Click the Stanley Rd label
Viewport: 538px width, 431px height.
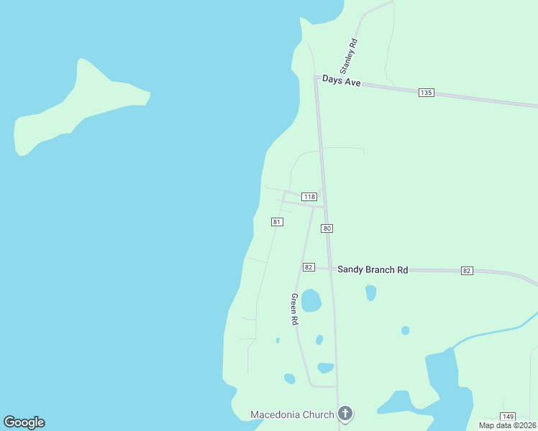[348, 56]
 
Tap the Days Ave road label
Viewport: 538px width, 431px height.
[341, 81]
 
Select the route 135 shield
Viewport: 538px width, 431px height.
[426, 93]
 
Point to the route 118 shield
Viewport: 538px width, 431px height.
[309, 197]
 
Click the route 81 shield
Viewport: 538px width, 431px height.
[277, 222]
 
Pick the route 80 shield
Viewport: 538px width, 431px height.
[327, 228]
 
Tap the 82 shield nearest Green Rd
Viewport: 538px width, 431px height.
[309, 267]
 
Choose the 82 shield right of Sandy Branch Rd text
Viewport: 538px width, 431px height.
[467, 271]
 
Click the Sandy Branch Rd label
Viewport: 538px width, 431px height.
[373, 269]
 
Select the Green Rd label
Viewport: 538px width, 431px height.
[294, 309]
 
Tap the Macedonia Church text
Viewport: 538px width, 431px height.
[292, 414]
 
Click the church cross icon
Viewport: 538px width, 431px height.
[346, 414]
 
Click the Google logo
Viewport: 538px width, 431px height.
[24, 422]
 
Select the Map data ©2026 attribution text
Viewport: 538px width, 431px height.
[506, 425]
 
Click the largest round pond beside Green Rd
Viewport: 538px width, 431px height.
[311, 300]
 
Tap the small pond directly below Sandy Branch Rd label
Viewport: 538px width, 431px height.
[370, 292]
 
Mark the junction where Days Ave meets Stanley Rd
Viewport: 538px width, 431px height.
[316, 76]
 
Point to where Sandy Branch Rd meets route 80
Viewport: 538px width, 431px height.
[331, 269]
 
